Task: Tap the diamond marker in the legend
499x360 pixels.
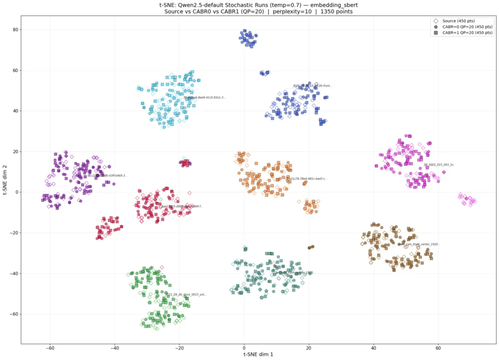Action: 436,21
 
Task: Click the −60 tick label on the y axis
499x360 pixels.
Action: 13,314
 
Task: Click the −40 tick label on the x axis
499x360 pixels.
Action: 114,348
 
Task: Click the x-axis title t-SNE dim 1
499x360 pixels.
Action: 258,354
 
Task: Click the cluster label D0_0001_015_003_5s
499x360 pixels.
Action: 439,165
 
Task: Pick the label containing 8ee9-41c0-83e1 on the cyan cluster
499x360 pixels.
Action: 205,98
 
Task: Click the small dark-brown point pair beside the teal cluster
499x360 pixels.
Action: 310,247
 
